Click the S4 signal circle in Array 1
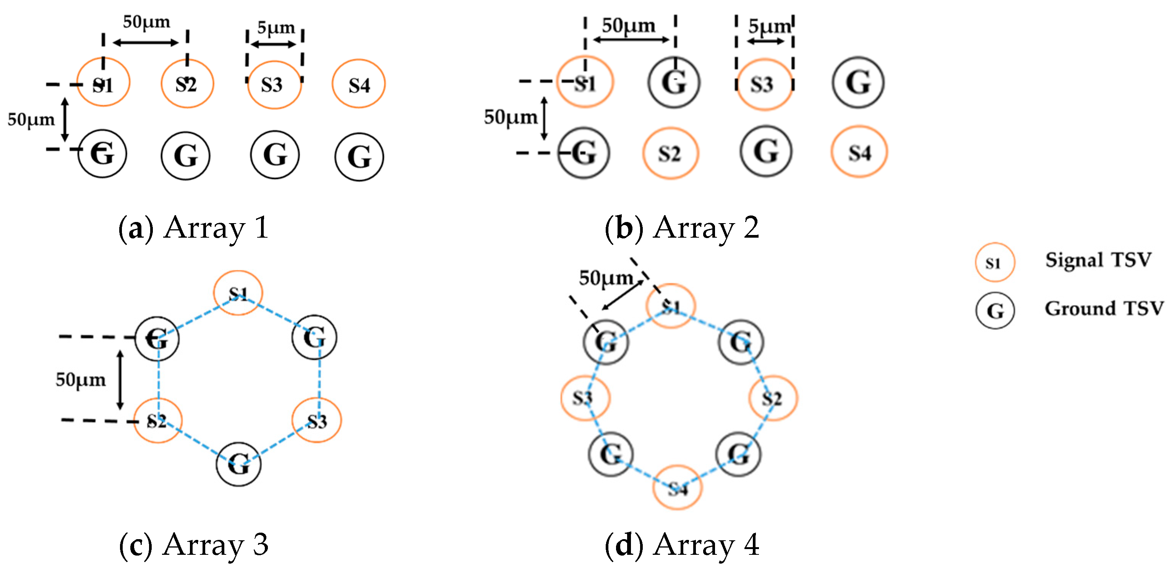pos(358,84)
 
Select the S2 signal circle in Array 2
pos(670,153)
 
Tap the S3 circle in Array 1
pos(274,85)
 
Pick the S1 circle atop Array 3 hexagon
pos(238,293)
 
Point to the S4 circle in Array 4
pos(678,488)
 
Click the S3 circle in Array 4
pos(585,398)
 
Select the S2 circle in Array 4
pos(772,398)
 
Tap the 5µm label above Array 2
pos(769,26)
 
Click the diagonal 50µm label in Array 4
pos(606,278)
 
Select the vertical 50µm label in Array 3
pos(81,379)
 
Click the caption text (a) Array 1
pos(194,228)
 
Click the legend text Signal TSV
pos(1098,260)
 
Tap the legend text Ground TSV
pos(1104,309)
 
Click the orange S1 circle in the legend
pos(995,263)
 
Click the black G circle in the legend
pos(995,311)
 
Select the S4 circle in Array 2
pos(859,152)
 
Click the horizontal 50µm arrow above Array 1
pos(146,43)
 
